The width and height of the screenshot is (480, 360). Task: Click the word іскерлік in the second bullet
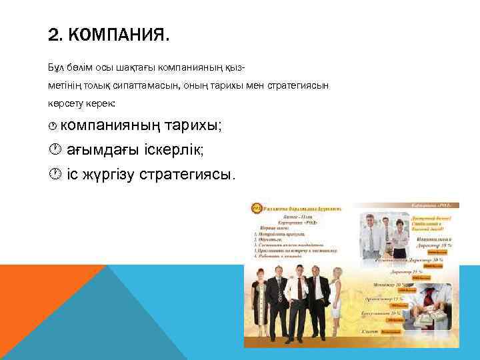[x=173, y=150]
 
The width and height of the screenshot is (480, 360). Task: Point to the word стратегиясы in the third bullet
[x=186, y=175]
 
